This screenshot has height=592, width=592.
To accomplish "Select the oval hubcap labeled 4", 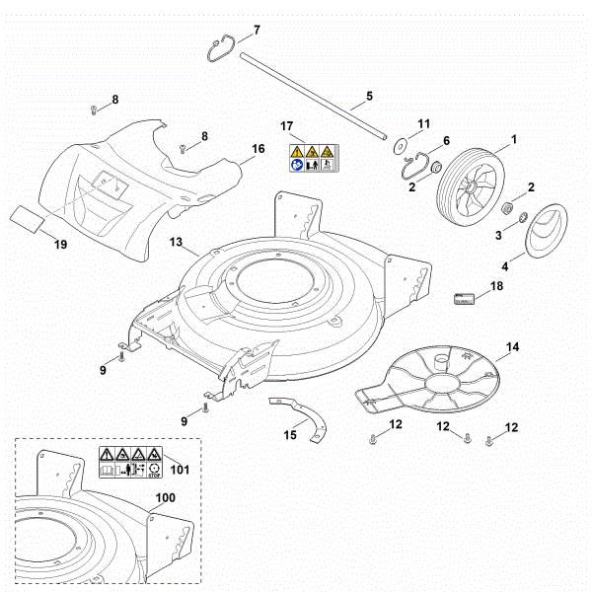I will tap(540, 234).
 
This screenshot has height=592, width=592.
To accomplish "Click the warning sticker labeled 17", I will tap(310, 157).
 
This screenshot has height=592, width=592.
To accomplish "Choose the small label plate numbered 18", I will tap(465, 297).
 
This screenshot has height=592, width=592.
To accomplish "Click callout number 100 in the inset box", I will tap(166, 498).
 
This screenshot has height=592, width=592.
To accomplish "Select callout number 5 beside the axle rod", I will tap(370, 96).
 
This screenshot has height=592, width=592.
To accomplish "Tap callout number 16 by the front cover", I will tap(259, 149).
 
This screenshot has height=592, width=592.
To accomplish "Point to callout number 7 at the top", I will tap(258, 30).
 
